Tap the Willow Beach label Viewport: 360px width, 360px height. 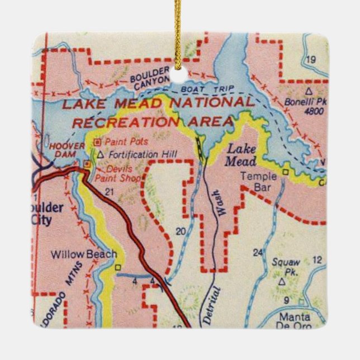pyautogui.click(x=84, y=254)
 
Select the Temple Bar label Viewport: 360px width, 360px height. pyautogui.click(x=255, y=182)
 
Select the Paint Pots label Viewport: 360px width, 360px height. pyautogui.click(x=121, y=142)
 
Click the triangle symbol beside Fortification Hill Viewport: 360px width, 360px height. pyautogui.click(x=101, y=154)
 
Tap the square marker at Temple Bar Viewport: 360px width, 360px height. pyautogui.click(x=285, y=172)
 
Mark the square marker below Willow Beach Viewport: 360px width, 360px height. pyautogui.click(x=118, y=267)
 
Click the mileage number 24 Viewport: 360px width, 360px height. pyautogui.click(x=257, y=253)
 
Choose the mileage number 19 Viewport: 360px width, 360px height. pyautogui.click(x=311, y=60)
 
